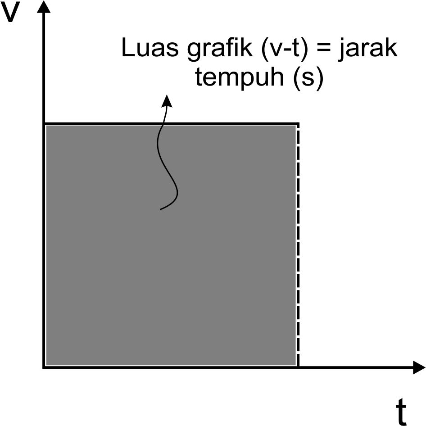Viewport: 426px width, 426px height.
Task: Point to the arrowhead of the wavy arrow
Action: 168,100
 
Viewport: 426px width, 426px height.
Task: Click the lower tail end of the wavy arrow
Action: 161,209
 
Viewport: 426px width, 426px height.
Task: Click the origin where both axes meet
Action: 44,368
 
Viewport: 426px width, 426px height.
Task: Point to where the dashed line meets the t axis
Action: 298,368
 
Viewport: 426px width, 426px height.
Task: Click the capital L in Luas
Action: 127,49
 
